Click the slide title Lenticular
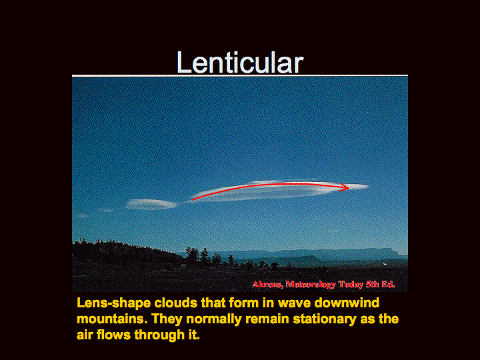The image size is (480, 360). coord(240,62)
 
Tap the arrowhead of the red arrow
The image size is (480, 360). coord(345,187)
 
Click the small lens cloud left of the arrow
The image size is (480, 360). coord(151,204)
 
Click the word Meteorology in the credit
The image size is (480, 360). coord(311,285)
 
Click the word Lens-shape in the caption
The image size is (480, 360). coord(113,303)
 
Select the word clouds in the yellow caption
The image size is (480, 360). coord(176,303)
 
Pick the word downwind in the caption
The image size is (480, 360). coord(347,303)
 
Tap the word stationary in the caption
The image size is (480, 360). coord(325,319)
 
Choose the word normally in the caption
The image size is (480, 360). coord(214,319)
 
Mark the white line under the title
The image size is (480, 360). coord(240,75)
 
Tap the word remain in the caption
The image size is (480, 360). coord(267,319)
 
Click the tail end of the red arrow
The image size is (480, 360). coord(192,199)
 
